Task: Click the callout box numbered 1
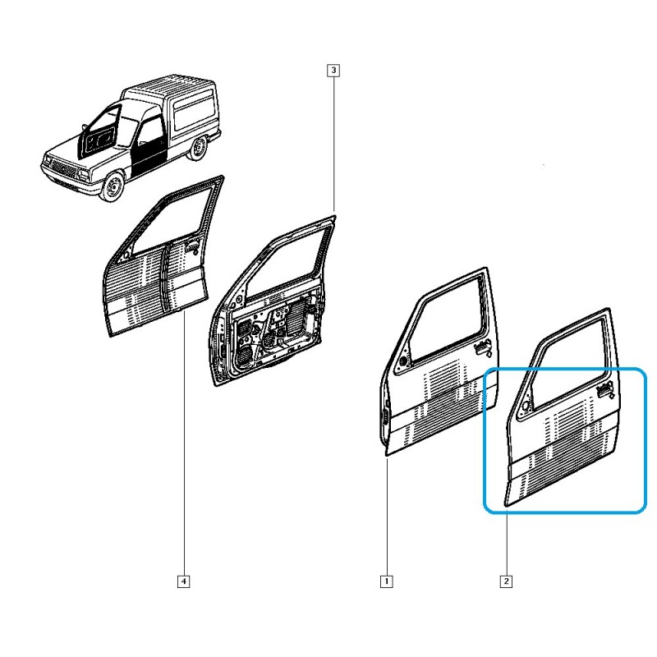tap(386, 581)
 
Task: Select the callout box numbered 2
tap(506, 581)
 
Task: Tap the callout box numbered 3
tap(333, 70)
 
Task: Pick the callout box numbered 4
tap(183, 581)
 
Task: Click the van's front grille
tap(63, 168)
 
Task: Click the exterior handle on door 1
tap(483, 347)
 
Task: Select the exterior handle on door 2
tap(605, 389)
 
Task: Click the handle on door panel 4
tap(193, 247)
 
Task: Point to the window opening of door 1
tap(448, 319)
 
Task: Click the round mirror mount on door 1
tap(403, 361)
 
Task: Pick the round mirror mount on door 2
tap(525, 406)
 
